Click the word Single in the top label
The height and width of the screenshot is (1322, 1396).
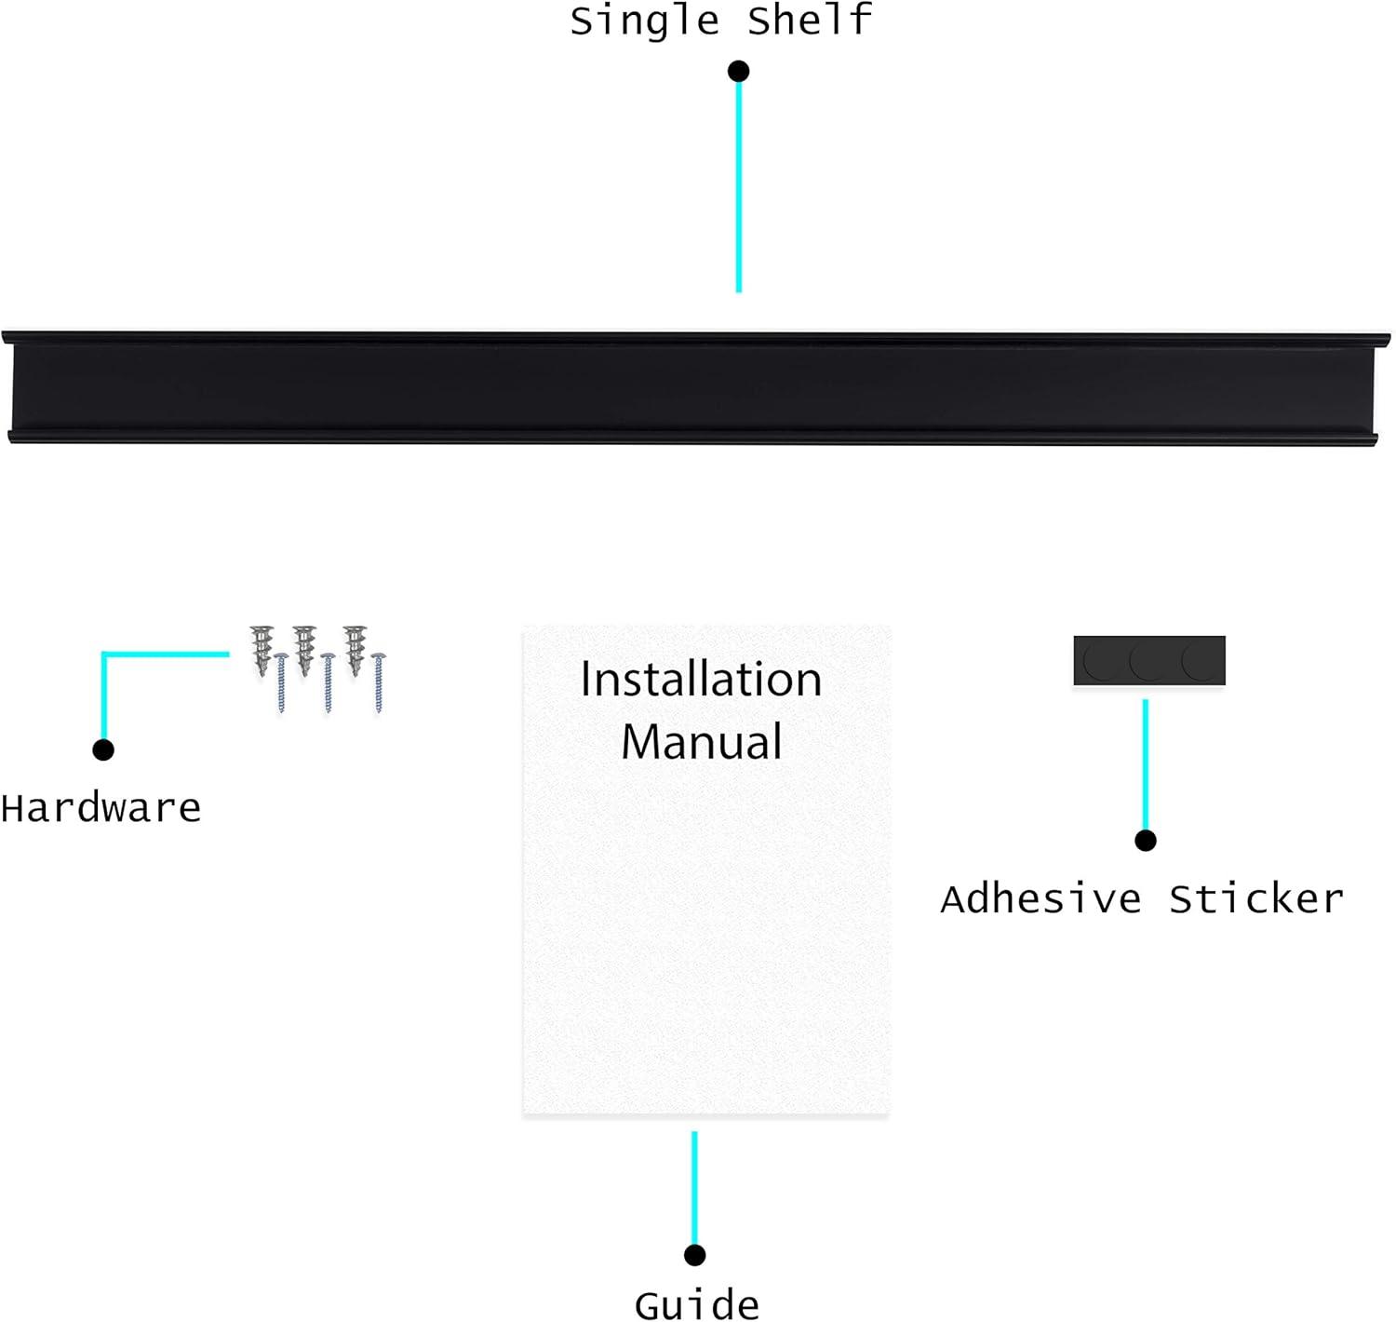644,20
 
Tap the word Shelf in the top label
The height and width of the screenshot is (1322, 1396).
810,20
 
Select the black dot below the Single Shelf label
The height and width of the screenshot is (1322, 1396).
739,71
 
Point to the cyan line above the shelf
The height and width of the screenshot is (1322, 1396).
739,186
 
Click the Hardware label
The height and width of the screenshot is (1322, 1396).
101,808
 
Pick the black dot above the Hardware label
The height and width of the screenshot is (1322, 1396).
103,749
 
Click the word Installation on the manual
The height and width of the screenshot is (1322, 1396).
701,680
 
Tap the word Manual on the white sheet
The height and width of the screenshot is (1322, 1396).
701,742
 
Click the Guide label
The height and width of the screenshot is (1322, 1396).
696,1303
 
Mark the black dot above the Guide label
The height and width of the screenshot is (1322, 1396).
694,1255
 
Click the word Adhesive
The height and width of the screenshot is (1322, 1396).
1040,899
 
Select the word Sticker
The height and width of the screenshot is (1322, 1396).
1256,899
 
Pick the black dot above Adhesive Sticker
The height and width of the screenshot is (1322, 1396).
1146,841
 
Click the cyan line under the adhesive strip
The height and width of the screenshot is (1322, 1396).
1146,763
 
